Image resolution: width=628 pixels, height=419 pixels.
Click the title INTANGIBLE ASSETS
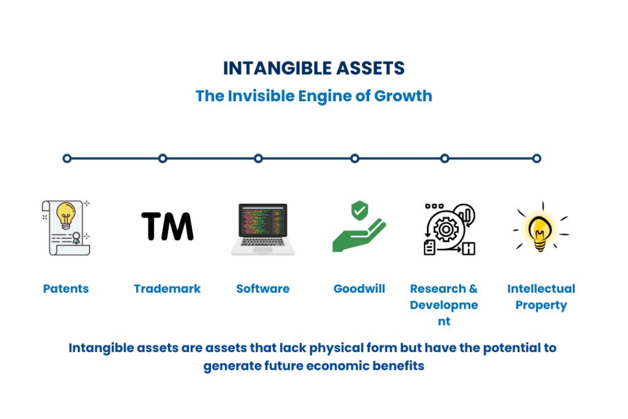pos(313,68)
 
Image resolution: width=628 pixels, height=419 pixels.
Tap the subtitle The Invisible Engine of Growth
pos(313,96)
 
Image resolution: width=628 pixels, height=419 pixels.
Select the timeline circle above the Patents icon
pos(67,159)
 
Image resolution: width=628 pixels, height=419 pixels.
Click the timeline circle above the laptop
pos(258,159)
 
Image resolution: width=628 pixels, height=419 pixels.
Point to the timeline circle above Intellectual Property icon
pos(537,159)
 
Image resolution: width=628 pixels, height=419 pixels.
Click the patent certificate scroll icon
pos(66,228)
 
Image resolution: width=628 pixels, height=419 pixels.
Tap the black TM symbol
pos(167,226)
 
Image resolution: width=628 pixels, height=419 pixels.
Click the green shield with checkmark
pos(359,210)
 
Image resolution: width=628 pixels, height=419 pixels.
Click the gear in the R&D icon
pos(446,229)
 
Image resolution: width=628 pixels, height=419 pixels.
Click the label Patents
pos(66,289)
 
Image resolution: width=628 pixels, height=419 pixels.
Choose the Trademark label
pos(167,289)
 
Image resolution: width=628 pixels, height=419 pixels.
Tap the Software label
pos(262,289)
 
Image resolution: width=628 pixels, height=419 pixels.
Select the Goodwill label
pos(359,289)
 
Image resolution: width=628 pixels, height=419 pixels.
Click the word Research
pos(438,289)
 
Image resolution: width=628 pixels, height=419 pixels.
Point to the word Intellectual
pos(541,289)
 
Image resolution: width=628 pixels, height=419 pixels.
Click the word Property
pos(541,306)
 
